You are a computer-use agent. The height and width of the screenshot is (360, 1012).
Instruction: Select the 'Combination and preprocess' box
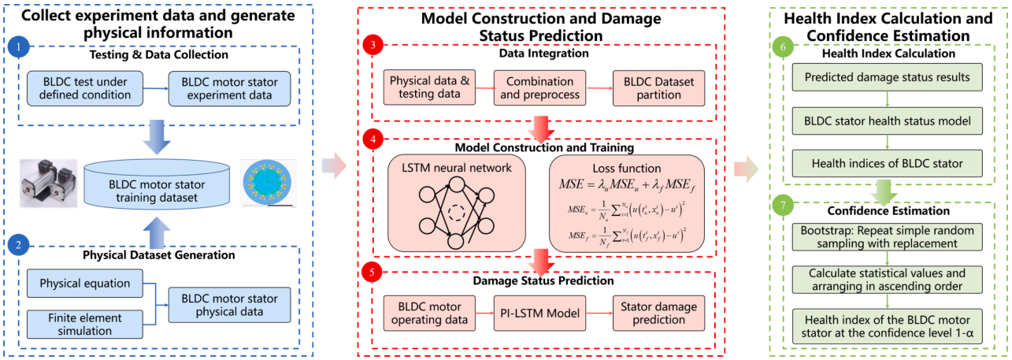tap(539, 87)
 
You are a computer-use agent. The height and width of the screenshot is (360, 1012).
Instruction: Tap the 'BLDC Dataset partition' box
tap(659, 87)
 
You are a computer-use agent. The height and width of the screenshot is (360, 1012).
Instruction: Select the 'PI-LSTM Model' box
tap(539, 314)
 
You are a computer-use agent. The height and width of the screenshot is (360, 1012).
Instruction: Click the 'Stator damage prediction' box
tap(659, 314)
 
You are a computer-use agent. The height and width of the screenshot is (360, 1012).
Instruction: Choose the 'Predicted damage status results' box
tap(888, 77)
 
